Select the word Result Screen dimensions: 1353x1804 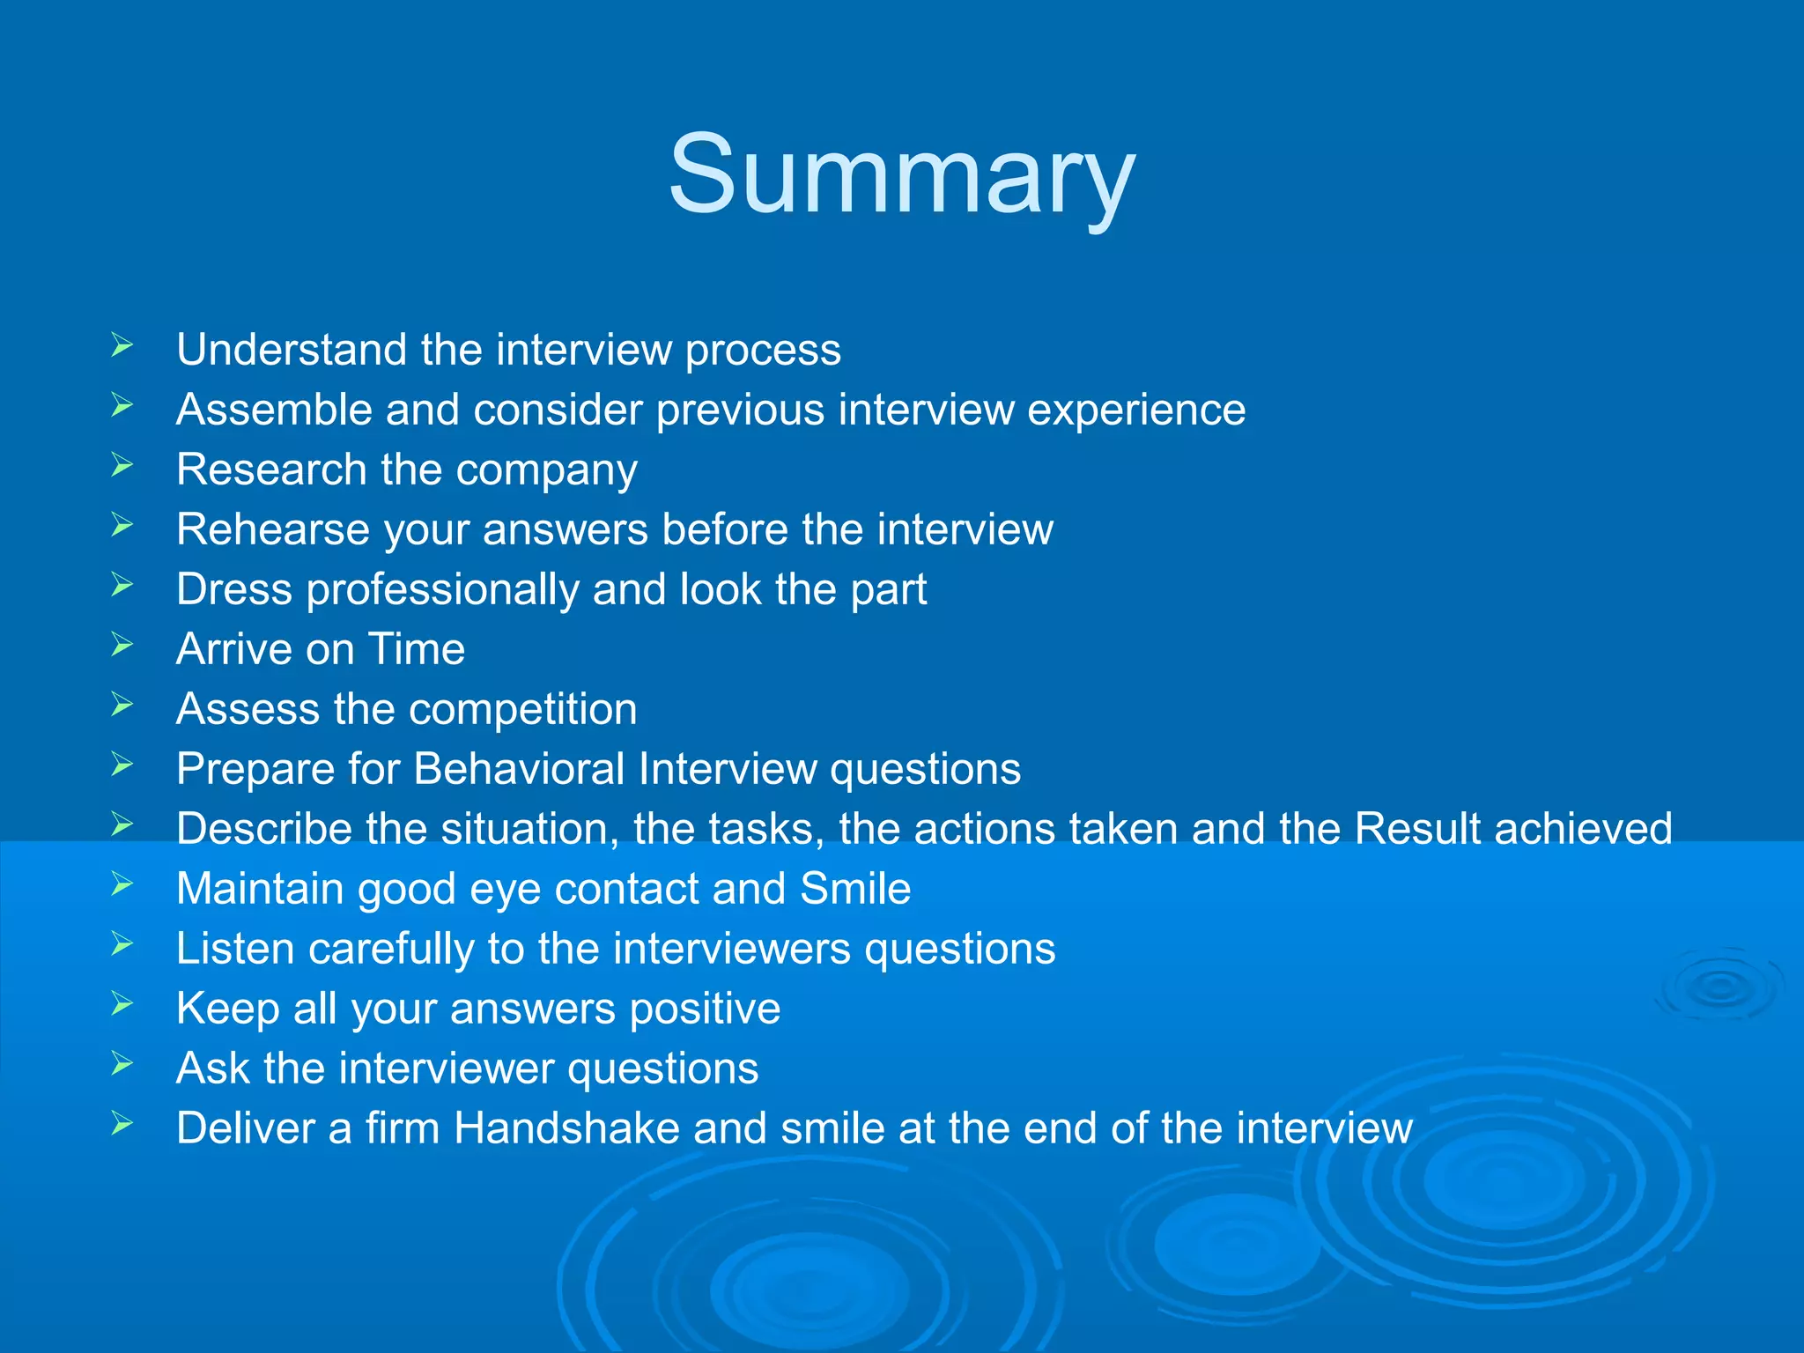pyautogui.click(x=1417, y=829)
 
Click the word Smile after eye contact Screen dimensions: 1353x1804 pyautogui.click(x=854, y=889)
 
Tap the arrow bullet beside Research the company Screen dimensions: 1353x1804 pyautogui.click(x=122, y=465)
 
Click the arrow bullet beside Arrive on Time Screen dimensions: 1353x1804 pyautogui.click(x=122, y=645)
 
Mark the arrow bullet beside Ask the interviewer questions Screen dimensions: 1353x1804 pyautogui.click(x=122, y=1064)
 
